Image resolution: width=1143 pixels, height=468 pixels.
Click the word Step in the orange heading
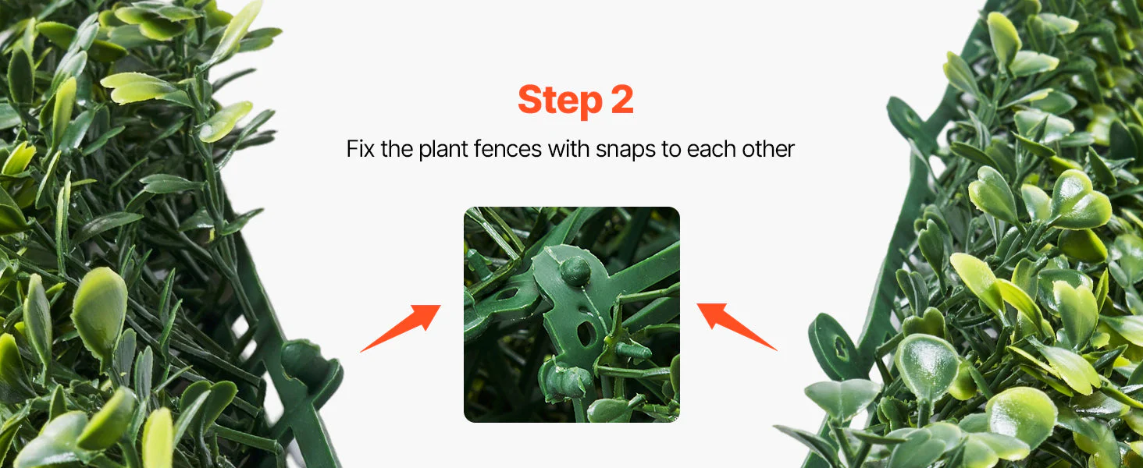pos(560,100)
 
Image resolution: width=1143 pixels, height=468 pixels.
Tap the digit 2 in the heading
pos(622,99)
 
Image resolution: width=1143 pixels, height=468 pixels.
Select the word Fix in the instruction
pos(361,149)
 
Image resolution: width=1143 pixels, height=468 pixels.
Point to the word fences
pos(507,149)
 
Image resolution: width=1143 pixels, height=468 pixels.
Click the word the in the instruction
pos(397,149)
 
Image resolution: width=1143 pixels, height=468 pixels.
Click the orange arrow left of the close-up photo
pos(401,328)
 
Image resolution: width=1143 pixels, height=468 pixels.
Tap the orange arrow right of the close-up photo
pos(737,326)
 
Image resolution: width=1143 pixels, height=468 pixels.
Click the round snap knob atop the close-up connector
pos(575,270)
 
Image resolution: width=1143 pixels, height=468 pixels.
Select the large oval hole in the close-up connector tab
pos(585,333)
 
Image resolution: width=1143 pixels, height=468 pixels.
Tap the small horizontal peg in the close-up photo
pos(632,351)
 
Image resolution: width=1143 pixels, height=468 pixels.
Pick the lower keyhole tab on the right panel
pos(835,346)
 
